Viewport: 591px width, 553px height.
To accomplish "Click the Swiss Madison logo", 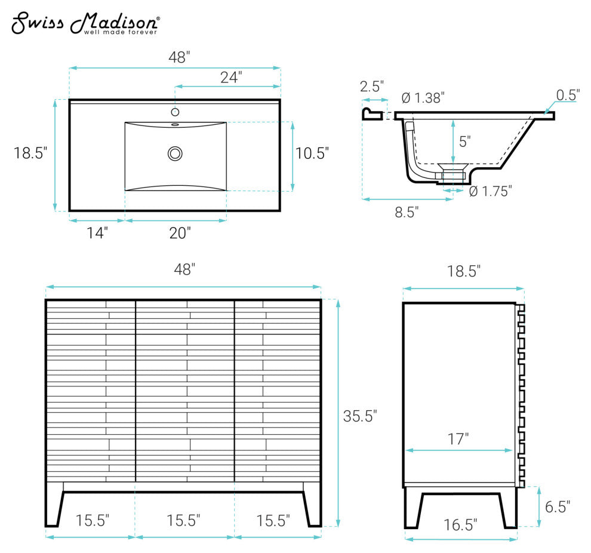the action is pos(85,23).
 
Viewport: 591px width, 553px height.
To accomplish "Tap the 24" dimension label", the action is pos(231,77).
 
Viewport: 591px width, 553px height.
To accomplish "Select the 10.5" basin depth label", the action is pos(312,153).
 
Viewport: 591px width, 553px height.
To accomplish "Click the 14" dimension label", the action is pos(97,233).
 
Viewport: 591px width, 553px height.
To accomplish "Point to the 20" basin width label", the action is pos(180,233).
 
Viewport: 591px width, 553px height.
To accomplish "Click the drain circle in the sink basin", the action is pos(175,153).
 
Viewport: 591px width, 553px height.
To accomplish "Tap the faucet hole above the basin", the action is pos(175,112).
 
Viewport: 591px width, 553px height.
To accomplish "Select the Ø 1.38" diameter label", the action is pos(423,98).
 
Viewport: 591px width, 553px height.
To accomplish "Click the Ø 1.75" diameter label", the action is pos(490,191).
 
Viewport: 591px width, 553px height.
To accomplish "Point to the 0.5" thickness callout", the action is pos(568,95).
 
